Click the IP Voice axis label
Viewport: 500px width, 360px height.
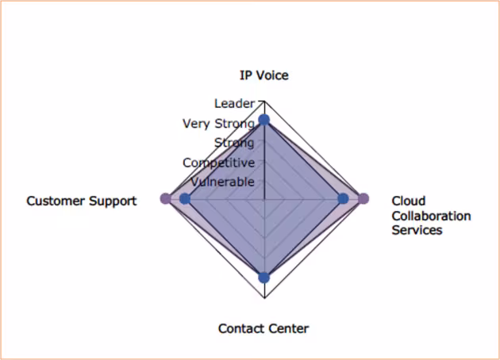[264, 75]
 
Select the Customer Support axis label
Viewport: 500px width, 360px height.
[82, 201]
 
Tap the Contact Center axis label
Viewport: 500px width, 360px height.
[263, 328]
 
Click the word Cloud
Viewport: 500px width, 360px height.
[409, 201]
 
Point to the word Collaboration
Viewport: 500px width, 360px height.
[431, 216]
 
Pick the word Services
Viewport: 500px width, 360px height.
[417, 230]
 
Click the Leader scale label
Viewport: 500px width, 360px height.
[234, 104]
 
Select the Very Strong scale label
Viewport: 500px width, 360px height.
[218, 124]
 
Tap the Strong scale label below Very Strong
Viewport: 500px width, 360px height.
[234, 143]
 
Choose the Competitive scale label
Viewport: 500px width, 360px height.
[219, 163]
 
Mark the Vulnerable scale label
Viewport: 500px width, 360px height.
[222, 182]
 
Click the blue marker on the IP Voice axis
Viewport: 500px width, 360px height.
[264, 120]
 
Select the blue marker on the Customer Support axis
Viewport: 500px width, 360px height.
[185, 199]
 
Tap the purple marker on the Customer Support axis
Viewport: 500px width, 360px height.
[166, 199]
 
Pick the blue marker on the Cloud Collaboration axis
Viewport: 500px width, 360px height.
[343, 199]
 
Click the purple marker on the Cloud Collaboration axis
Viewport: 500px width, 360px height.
[363, 199]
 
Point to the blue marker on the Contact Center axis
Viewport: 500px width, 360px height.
[264, 278]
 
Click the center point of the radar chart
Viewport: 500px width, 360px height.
[264, 200]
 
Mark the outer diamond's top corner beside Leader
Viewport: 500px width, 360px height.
[264, 101]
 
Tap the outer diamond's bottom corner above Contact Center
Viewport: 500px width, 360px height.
[264, 298]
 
